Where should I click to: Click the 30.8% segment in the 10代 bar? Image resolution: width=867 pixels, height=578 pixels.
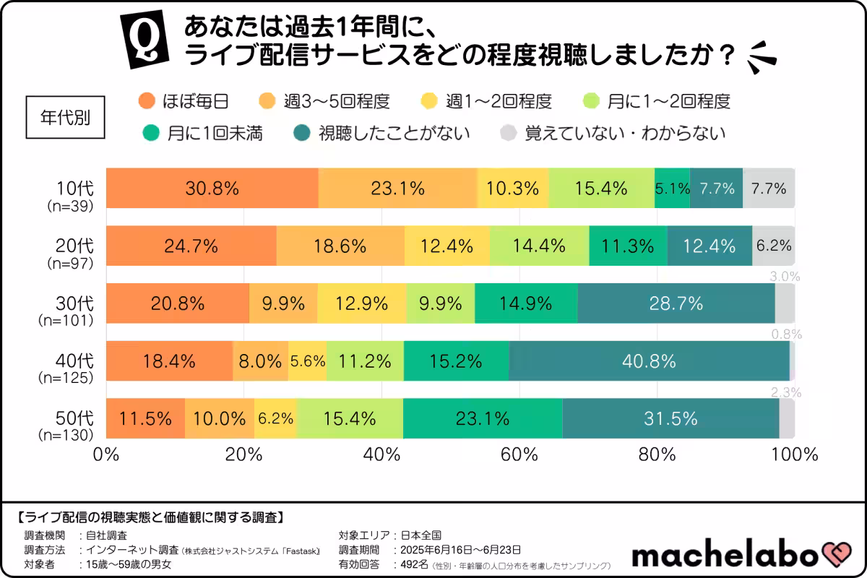coord(212,189)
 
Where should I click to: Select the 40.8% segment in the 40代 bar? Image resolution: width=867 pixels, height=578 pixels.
coord(649,361)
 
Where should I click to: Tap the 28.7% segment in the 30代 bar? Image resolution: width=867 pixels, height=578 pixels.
coord(676,303)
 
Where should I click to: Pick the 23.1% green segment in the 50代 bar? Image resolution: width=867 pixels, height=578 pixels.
coord(482,418)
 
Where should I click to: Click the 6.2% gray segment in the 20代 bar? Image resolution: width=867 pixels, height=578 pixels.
coord(774,246)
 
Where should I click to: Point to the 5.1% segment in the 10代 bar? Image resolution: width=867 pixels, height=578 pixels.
coord(672,189)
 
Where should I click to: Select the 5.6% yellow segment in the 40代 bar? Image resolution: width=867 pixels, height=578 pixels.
coord(307,361)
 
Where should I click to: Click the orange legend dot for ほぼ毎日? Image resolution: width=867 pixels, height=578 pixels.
coord(147,100)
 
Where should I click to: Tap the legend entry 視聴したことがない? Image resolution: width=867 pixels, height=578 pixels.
coord(383,133)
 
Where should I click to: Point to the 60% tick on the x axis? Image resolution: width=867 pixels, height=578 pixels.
coord(519,455)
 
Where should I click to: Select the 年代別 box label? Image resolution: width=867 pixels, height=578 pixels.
coord(65,117)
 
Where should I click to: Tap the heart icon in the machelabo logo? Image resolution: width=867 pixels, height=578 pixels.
coord(839,555)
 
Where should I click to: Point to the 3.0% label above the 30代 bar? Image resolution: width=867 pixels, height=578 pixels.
coord(785,276)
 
